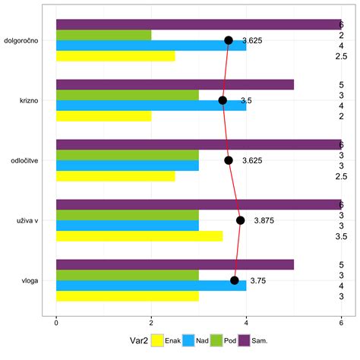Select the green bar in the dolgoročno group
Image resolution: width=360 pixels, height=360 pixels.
[x=103, y=35]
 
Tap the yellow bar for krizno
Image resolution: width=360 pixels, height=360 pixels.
[x=103, y=116]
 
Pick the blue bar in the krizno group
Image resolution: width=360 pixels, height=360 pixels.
[x=151, y=106]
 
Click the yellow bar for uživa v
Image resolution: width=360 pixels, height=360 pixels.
[x=139, y=236]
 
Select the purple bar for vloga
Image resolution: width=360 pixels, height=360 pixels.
[x=175, y=264]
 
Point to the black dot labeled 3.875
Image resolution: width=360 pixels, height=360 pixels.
[x=240, y=220]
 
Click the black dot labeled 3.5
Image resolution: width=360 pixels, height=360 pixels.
[x=223, y=100]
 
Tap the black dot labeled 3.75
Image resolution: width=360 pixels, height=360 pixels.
[x=235, y=280]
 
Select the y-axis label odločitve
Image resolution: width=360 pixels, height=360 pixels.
[x=25, y=160]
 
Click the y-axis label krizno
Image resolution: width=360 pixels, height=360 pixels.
[x=30, y=100]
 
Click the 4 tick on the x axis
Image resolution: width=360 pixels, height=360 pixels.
[x=246, y=323]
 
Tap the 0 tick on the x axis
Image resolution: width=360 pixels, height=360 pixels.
[x=56, y=323]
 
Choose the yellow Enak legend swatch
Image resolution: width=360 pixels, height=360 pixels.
[x=157, y=341]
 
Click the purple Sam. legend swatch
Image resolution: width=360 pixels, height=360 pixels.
[x=245, y=341]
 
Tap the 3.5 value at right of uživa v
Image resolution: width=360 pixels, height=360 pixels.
[x=341, y=236]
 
